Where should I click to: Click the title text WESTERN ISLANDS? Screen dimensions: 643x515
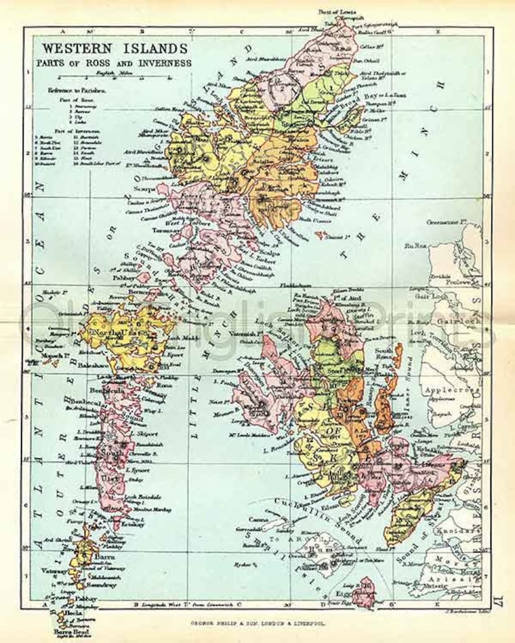point(115,49)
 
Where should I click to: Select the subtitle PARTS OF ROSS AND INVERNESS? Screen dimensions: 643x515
point(115,63)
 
